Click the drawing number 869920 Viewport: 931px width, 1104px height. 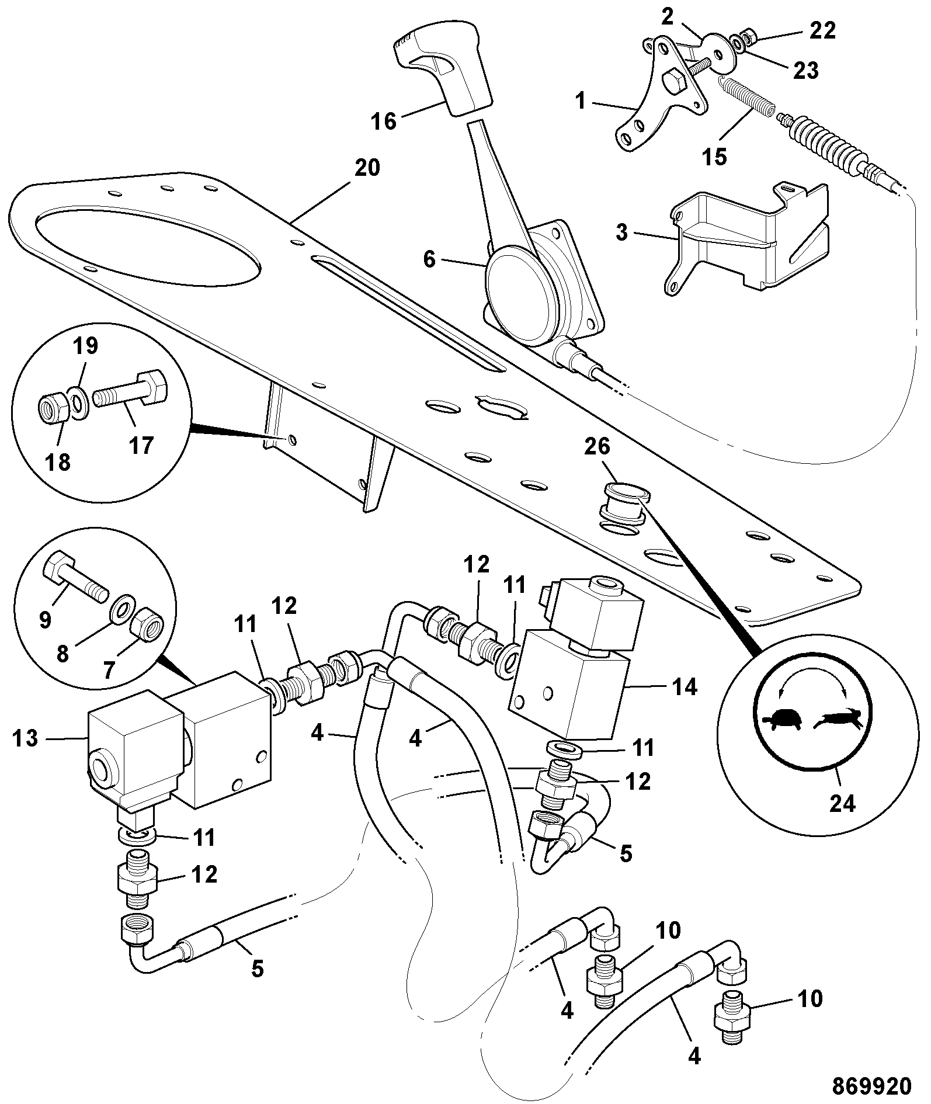[871, 1086]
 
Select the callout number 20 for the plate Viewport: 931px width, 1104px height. [366, 168]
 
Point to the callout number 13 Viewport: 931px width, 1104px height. [26, 738]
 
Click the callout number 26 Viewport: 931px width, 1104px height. [597, 447]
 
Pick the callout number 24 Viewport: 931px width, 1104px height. [842, 803]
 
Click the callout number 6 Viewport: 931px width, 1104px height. [429, 259]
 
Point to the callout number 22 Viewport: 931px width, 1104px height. [822, 30]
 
